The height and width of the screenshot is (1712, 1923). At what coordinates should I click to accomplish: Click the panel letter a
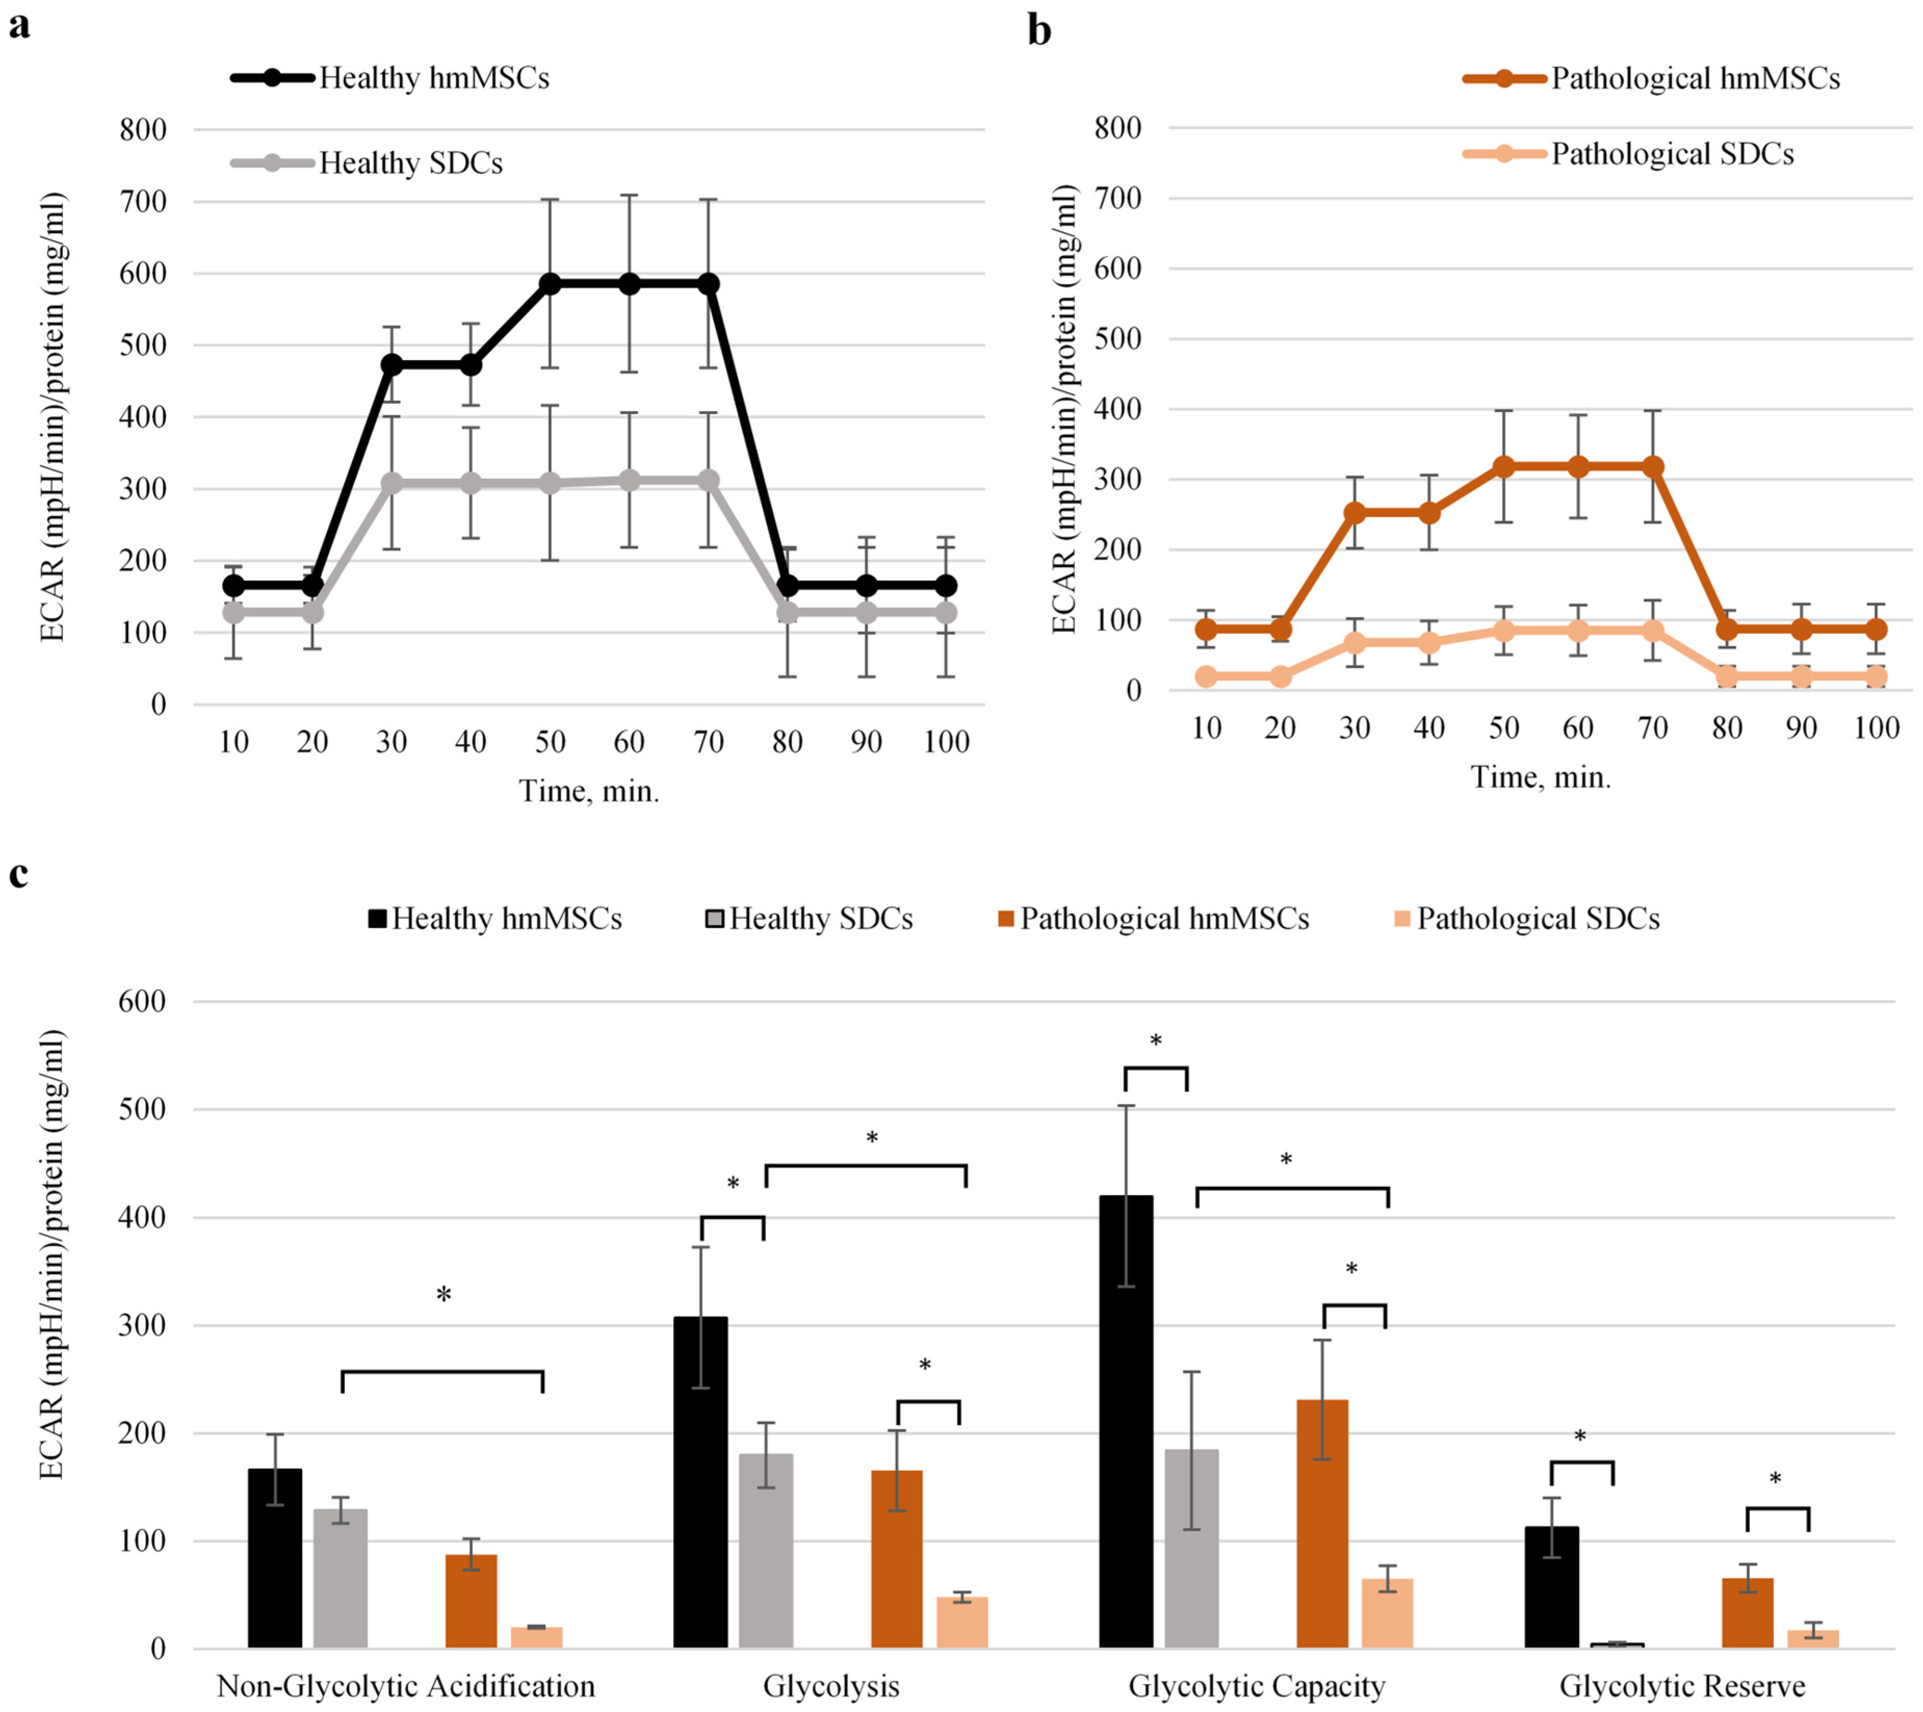pos(19,27)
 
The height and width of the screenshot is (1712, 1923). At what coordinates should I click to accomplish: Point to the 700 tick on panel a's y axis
pos(143,201)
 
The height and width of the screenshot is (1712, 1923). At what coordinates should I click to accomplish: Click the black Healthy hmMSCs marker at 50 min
pos(551,284)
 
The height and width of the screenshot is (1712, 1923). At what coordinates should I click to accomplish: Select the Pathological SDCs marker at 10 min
pos(1206,676)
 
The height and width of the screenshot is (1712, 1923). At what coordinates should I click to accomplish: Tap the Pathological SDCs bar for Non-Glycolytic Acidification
pos(537,1638)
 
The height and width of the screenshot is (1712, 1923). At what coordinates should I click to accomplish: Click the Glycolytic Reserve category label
pos(1682,1685)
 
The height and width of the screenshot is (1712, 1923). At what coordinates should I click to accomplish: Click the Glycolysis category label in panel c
pos(831,1685)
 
